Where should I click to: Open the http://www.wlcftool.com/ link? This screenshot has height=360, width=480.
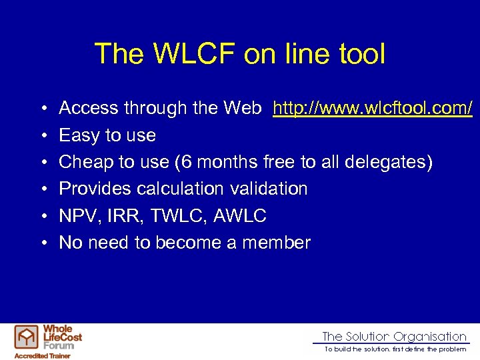pyautogui.click(x=373, y=108)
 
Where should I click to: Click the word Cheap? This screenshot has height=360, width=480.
pyautogui.click(x=83, y=162)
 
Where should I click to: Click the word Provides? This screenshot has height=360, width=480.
pyautogui.click(x=95, y=189)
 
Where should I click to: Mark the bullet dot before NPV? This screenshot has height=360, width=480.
pyautogui.click(x=42, y=216)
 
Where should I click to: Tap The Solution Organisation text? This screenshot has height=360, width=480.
pyautogui.click(x=394, y=337)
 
